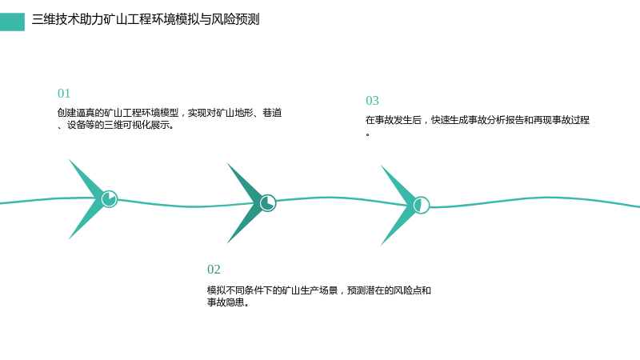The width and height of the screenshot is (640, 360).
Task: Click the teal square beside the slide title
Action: tap(12, 22)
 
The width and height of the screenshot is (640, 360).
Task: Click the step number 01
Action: tap(64, 94)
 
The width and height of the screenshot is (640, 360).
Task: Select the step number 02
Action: tap(214, 270)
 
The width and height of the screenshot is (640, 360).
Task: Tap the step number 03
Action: tap(372, 101)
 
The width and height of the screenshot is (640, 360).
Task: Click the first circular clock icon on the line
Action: tap(110, 198)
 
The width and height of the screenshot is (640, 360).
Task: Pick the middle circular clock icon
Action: tap(268, 203)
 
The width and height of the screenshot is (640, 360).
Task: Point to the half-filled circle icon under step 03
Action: tap(422, 205)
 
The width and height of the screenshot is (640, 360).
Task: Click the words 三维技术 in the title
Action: tap(55, 19)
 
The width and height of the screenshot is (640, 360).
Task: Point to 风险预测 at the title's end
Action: tap(235, 19)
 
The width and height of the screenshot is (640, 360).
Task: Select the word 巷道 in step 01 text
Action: tap(272, 113)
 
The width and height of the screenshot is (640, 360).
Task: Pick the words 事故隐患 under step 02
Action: tap(226, 302)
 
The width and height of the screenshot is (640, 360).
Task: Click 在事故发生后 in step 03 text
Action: tap(394, 120)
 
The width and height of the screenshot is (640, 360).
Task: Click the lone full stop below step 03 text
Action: tap(368, 134)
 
